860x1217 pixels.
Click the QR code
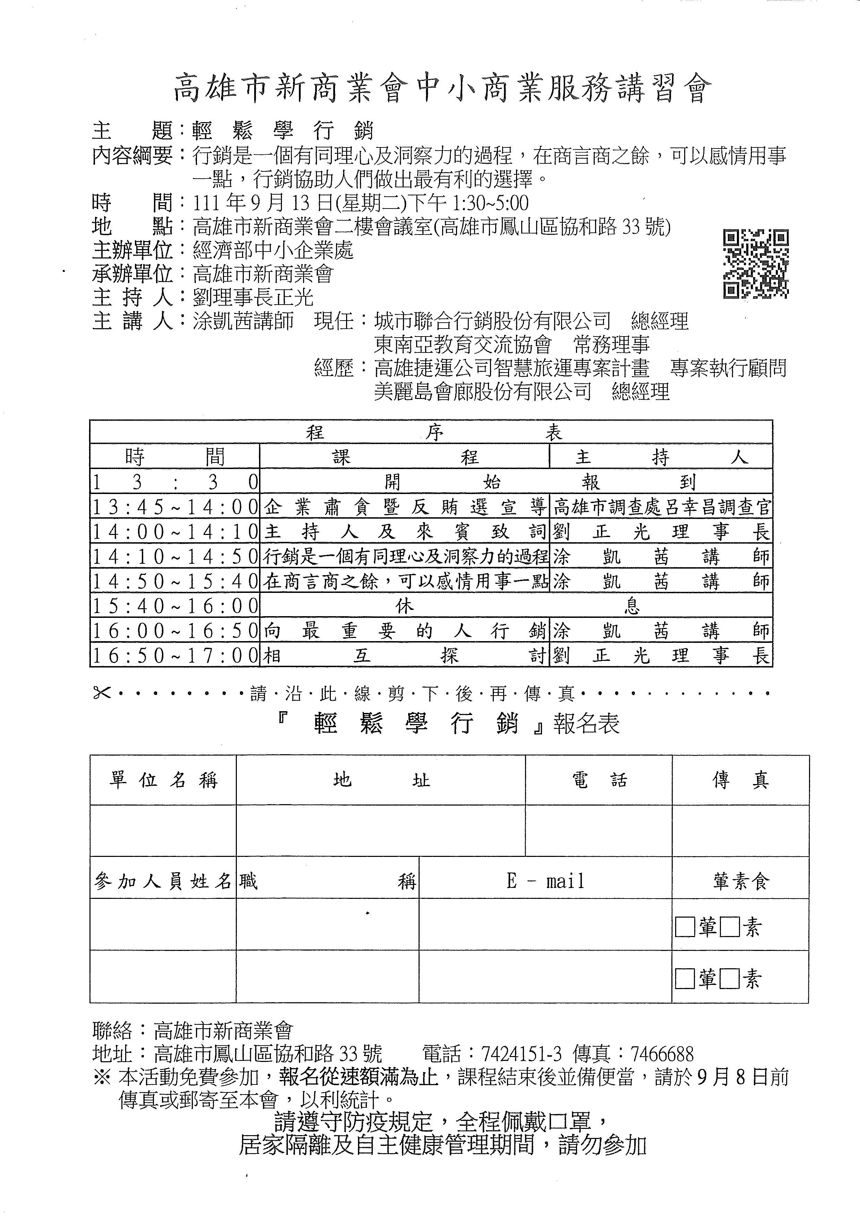click(756, 263)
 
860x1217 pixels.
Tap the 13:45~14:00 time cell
click(175, 507)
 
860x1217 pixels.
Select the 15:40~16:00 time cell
click(175, 606)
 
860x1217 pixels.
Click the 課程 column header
click(405, 457)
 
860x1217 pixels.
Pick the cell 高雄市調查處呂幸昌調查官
click(661, 507)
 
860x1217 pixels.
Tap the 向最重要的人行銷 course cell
click(405, 631)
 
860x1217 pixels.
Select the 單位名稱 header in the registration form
click(163, 780)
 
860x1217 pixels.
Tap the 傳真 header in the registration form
click(740, 780)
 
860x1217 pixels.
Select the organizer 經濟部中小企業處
click(273, 250)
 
